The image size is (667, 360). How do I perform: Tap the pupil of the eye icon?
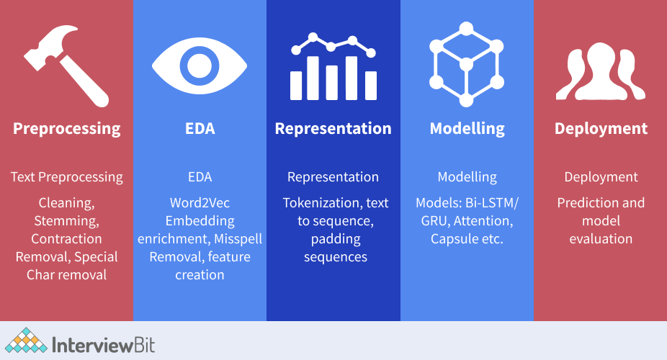[x=200, y=66]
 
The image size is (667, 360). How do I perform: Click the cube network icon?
[x=467, y=64]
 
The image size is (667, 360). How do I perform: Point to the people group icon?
[x=601, y=71]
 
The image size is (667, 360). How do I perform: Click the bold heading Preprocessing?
[x=67, y=129]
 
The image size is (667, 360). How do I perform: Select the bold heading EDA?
[x=200, y=128]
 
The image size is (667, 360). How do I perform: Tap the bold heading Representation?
[x=333, y=129]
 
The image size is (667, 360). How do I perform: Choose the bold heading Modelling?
[x=467, y=129]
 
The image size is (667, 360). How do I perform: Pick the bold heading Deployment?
[x=601, y=129]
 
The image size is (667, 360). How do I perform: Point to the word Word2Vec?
[x=200, y=203]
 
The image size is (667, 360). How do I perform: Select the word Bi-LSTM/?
[x=492, y=203]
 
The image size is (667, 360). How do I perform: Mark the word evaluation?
[x=601, y=239]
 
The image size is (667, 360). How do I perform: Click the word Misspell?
[x=238, y=239]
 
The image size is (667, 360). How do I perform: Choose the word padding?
[x=336, y=239]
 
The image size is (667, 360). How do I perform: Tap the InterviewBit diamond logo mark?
[x=26, y=340]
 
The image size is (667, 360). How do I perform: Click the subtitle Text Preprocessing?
[x=67, y=177]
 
